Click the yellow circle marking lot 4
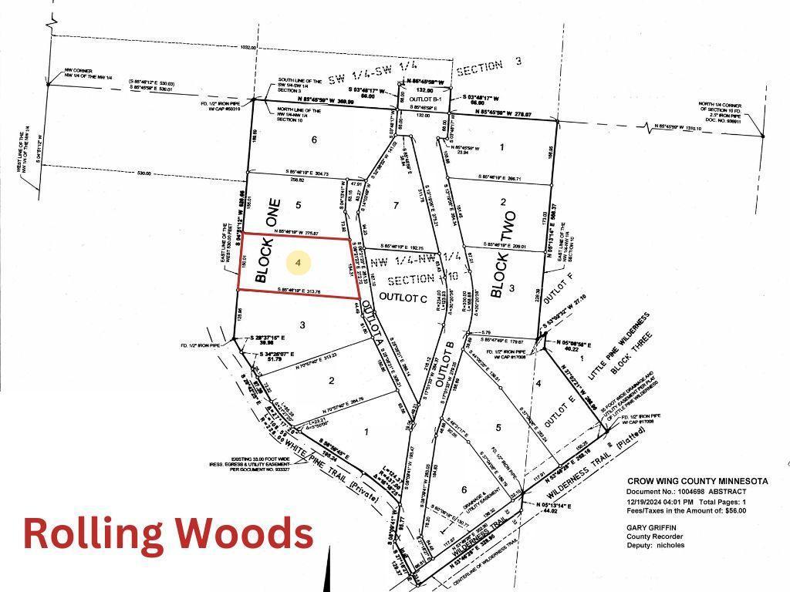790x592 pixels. tap(299, 263)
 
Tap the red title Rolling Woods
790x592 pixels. tap(168, 533)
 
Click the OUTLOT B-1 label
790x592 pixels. tap(425, 98)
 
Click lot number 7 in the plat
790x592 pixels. tap(396, 205)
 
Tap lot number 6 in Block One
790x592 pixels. tap(314, 140)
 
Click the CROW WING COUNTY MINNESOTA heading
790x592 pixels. tap(697, 481)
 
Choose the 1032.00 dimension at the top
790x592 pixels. tap(248, 47)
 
